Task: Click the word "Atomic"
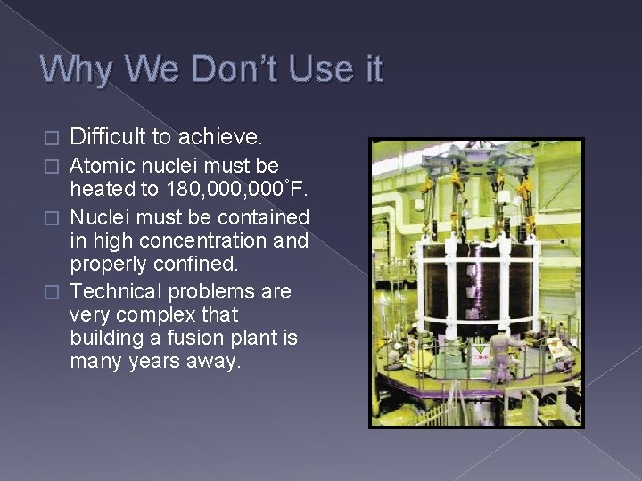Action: pos(100,166)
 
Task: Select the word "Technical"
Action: pos(113,291)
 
